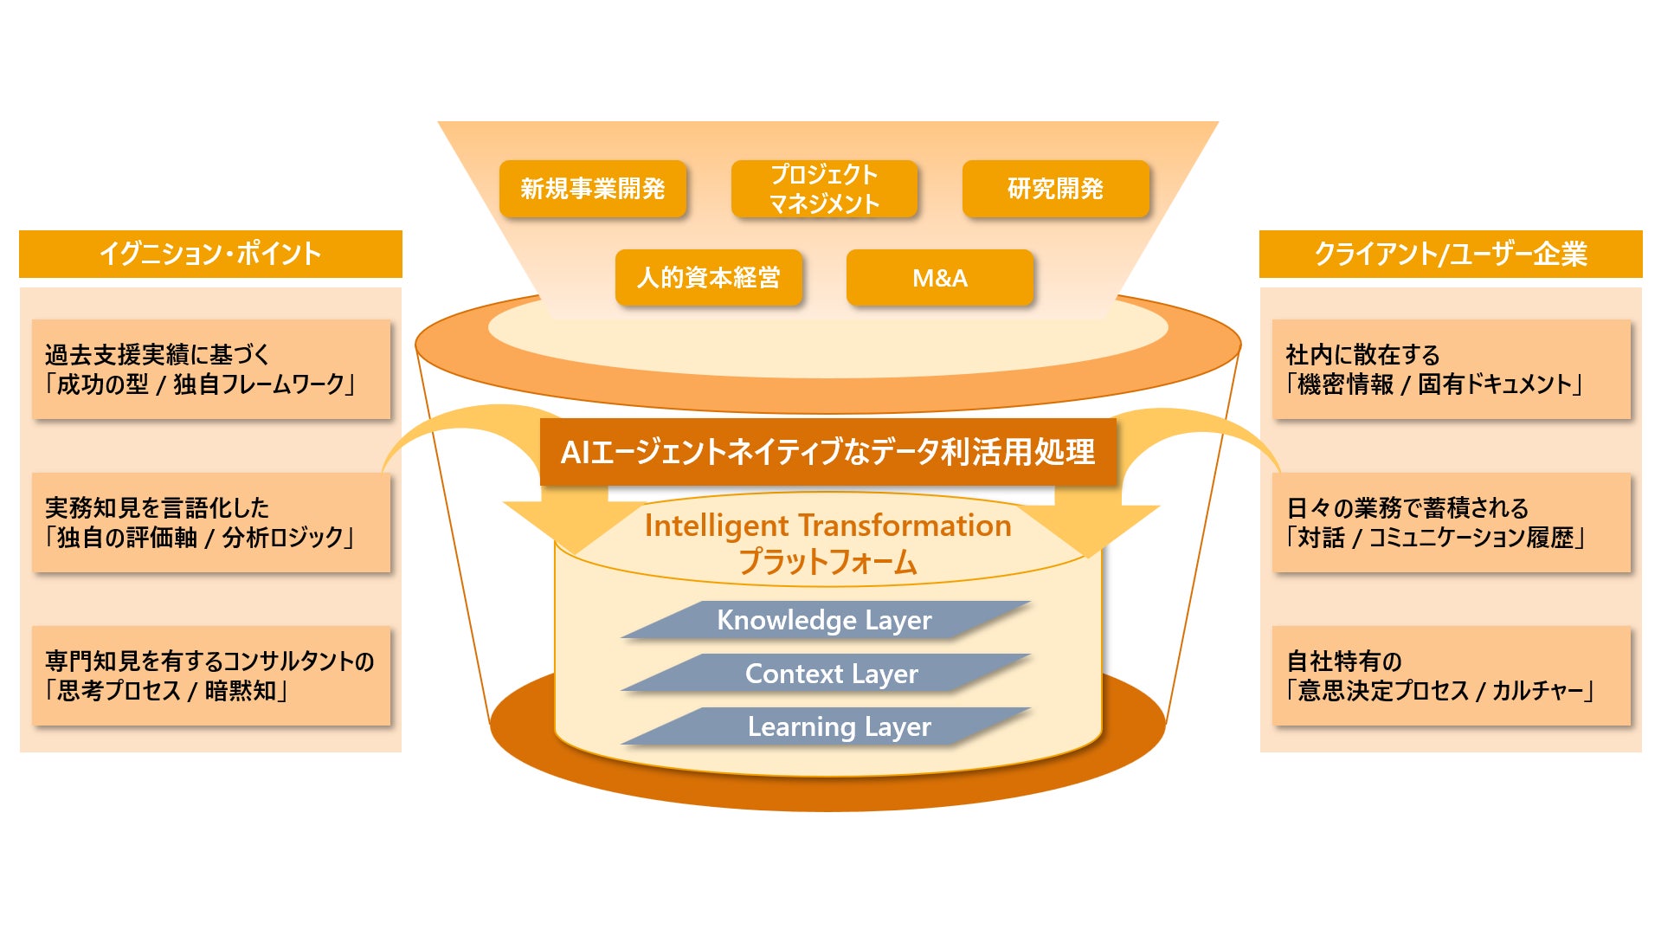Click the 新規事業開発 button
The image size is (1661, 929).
click(593, 189)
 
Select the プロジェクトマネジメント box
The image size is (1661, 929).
click(824, 189)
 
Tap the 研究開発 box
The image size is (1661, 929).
click(1055, 189)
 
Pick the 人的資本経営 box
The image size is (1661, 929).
click(709, 278)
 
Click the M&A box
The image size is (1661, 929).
click(940, 278)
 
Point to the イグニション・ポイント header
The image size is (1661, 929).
click(210, 254)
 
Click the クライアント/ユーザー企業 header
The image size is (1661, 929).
click(1451, 254)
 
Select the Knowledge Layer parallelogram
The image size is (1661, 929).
click(825, 620)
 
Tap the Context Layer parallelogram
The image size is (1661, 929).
click(831, 674)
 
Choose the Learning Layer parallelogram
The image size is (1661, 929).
click(838, 726)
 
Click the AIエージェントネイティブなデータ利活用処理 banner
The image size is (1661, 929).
click(827, 452)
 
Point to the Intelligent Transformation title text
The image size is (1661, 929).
click(827, 526)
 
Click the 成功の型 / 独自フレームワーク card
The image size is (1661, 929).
click(211, 370)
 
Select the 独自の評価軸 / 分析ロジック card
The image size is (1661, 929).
click(211, 523)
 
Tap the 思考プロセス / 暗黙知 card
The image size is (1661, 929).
click(211, 676)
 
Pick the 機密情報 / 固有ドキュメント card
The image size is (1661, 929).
click(1451, 370)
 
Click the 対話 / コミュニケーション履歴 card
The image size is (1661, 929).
click(1451, 523)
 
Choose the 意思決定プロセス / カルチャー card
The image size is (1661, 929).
click(1451, 676)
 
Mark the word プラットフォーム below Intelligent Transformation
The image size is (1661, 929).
click(827, 563)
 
